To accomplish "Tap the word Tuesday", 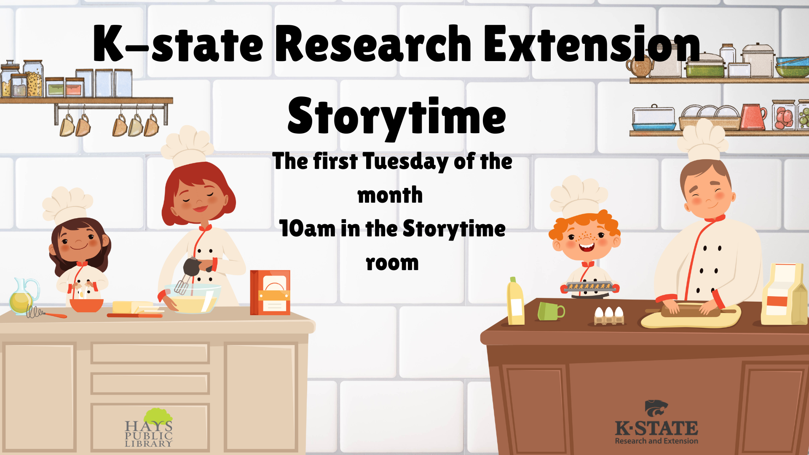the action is pos(406,162).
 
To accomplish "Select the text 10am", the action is pos(307,229).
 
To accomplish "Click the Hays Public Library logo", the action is pos(149,427).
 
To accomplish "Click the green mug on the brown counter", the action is pos(550,311).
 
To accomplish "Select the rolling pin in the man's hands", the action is pos(691,311).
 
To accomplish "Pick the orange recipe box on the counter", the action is pos(270,293).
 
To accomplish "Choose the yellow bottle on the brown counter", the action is pos(516,302).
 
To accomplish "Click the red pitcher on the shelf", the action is pos(753,117).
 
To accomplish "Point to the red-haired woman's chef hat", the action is pos(187,145).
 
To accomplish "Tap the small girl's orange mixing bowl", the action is pos(86,305).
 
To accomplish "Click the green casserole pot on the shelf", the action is pos(705,66).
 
